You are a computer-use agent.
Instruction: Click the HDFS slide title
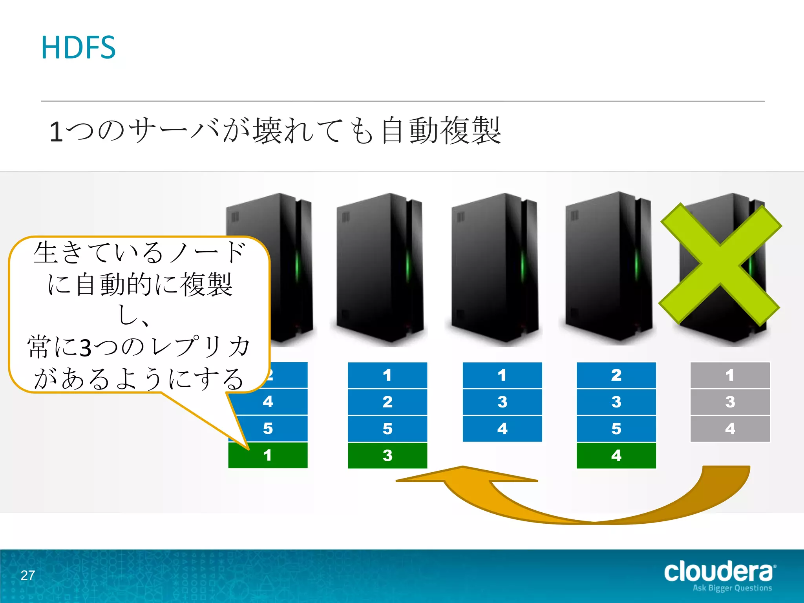[79, 48]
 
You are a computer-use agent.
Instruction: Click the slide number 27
[28, 575]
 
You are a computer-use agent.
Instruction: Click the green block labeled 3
[387, 455]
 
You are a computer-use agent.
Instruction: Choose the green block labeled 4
[616, 455]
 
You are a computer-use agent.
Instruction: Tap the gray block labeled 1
[730, 375]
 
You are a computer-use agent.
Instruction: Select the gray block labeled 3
[730, 402]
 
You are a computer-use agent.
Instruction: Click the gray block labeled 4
[730, 429]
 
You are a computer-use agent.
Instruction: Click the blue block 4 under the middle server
[502, 429]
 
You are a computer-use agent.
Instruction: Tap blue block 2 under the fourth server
[616, 375]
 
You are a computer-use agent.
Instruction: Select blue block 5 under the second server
[387, 429]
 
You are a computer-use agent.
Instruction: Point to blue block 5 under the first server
[268, 429]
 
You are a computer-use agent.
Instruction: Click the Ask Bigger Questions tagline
[732, 588]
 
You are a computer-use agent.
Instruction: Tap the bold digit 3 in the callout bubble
[86, 348]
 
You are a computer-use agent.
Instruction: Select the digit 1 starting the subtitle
[56, 132]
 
